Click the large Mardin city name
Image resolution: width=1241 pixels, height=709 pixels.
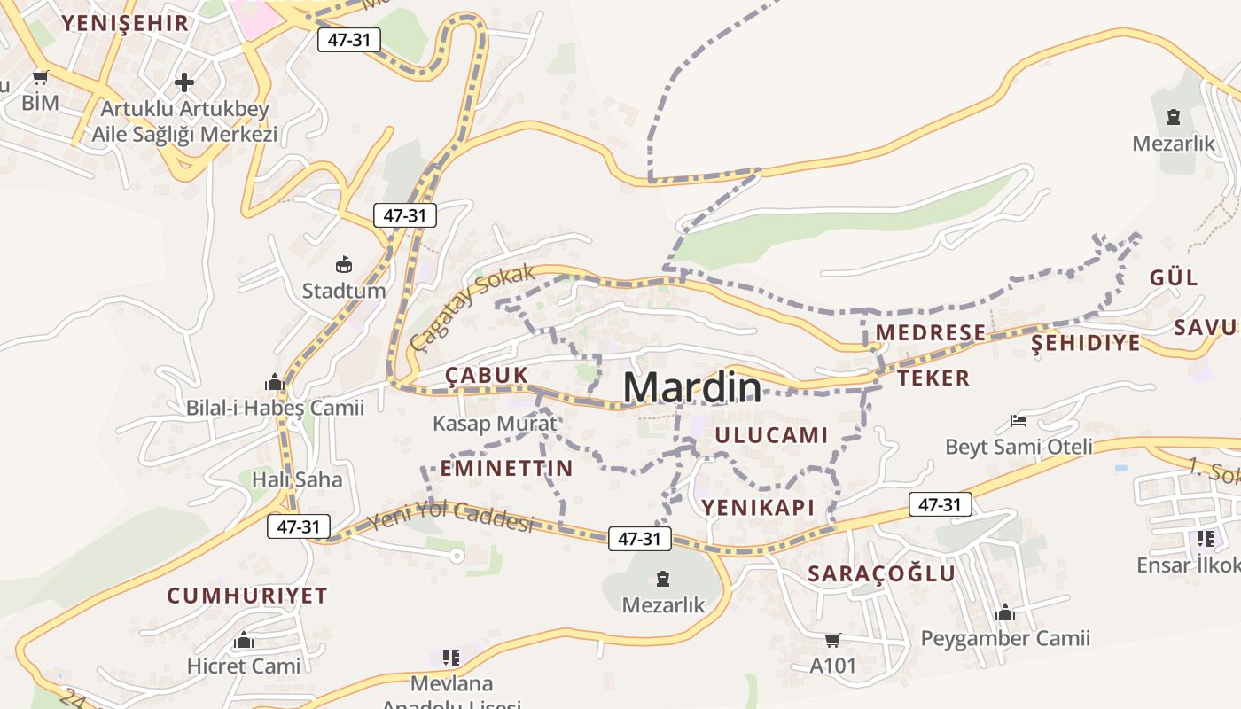point(691,388)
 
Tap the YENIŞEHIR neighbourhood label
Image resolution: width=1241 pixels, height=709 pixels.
point(125,23)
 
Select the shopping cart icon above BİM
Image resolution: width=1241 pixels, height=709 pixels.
point(40,78)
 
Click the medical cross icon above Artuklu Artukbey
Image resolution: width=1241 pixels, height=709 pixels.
point(184,82)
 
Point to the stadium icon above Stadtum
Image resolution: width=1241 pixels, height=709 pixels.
point(344,264)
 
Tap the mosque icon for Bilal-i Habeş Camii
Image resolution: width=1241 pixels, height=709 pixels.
point(275,382)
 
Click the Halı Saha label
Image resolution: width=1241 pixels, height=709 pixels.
point(297,479)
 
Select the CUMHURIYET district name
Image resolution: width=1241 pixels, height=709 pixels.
point(247,596)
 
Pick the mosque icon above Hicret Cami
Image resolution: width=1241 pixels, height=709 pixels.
point(244,640)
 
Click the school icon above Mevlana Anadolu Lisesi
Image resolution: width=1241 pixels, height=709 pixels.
point(451,658)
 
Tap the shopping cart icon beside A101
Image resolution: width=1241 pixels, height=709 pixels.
point(832,640)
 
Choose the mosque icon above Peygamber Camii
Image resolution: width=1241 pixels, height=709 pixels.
point(1004,612)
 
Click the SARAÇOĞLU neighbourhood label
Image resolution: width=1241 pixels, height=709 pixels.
point(881,573)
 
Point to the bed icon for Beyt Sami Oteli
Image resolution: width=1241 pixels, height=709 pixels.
point(1019,420)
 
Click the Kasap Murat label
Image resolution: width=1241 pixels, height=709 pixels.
point(495,424)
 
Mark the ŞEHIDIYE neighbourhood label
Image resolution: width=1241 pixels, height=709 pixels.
point(1085,343)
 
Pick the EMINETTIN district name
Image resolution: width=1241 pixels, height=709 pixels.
point(506,468)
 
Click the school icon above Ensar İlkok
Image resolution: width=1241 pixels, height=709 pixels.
point(1205,538)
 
